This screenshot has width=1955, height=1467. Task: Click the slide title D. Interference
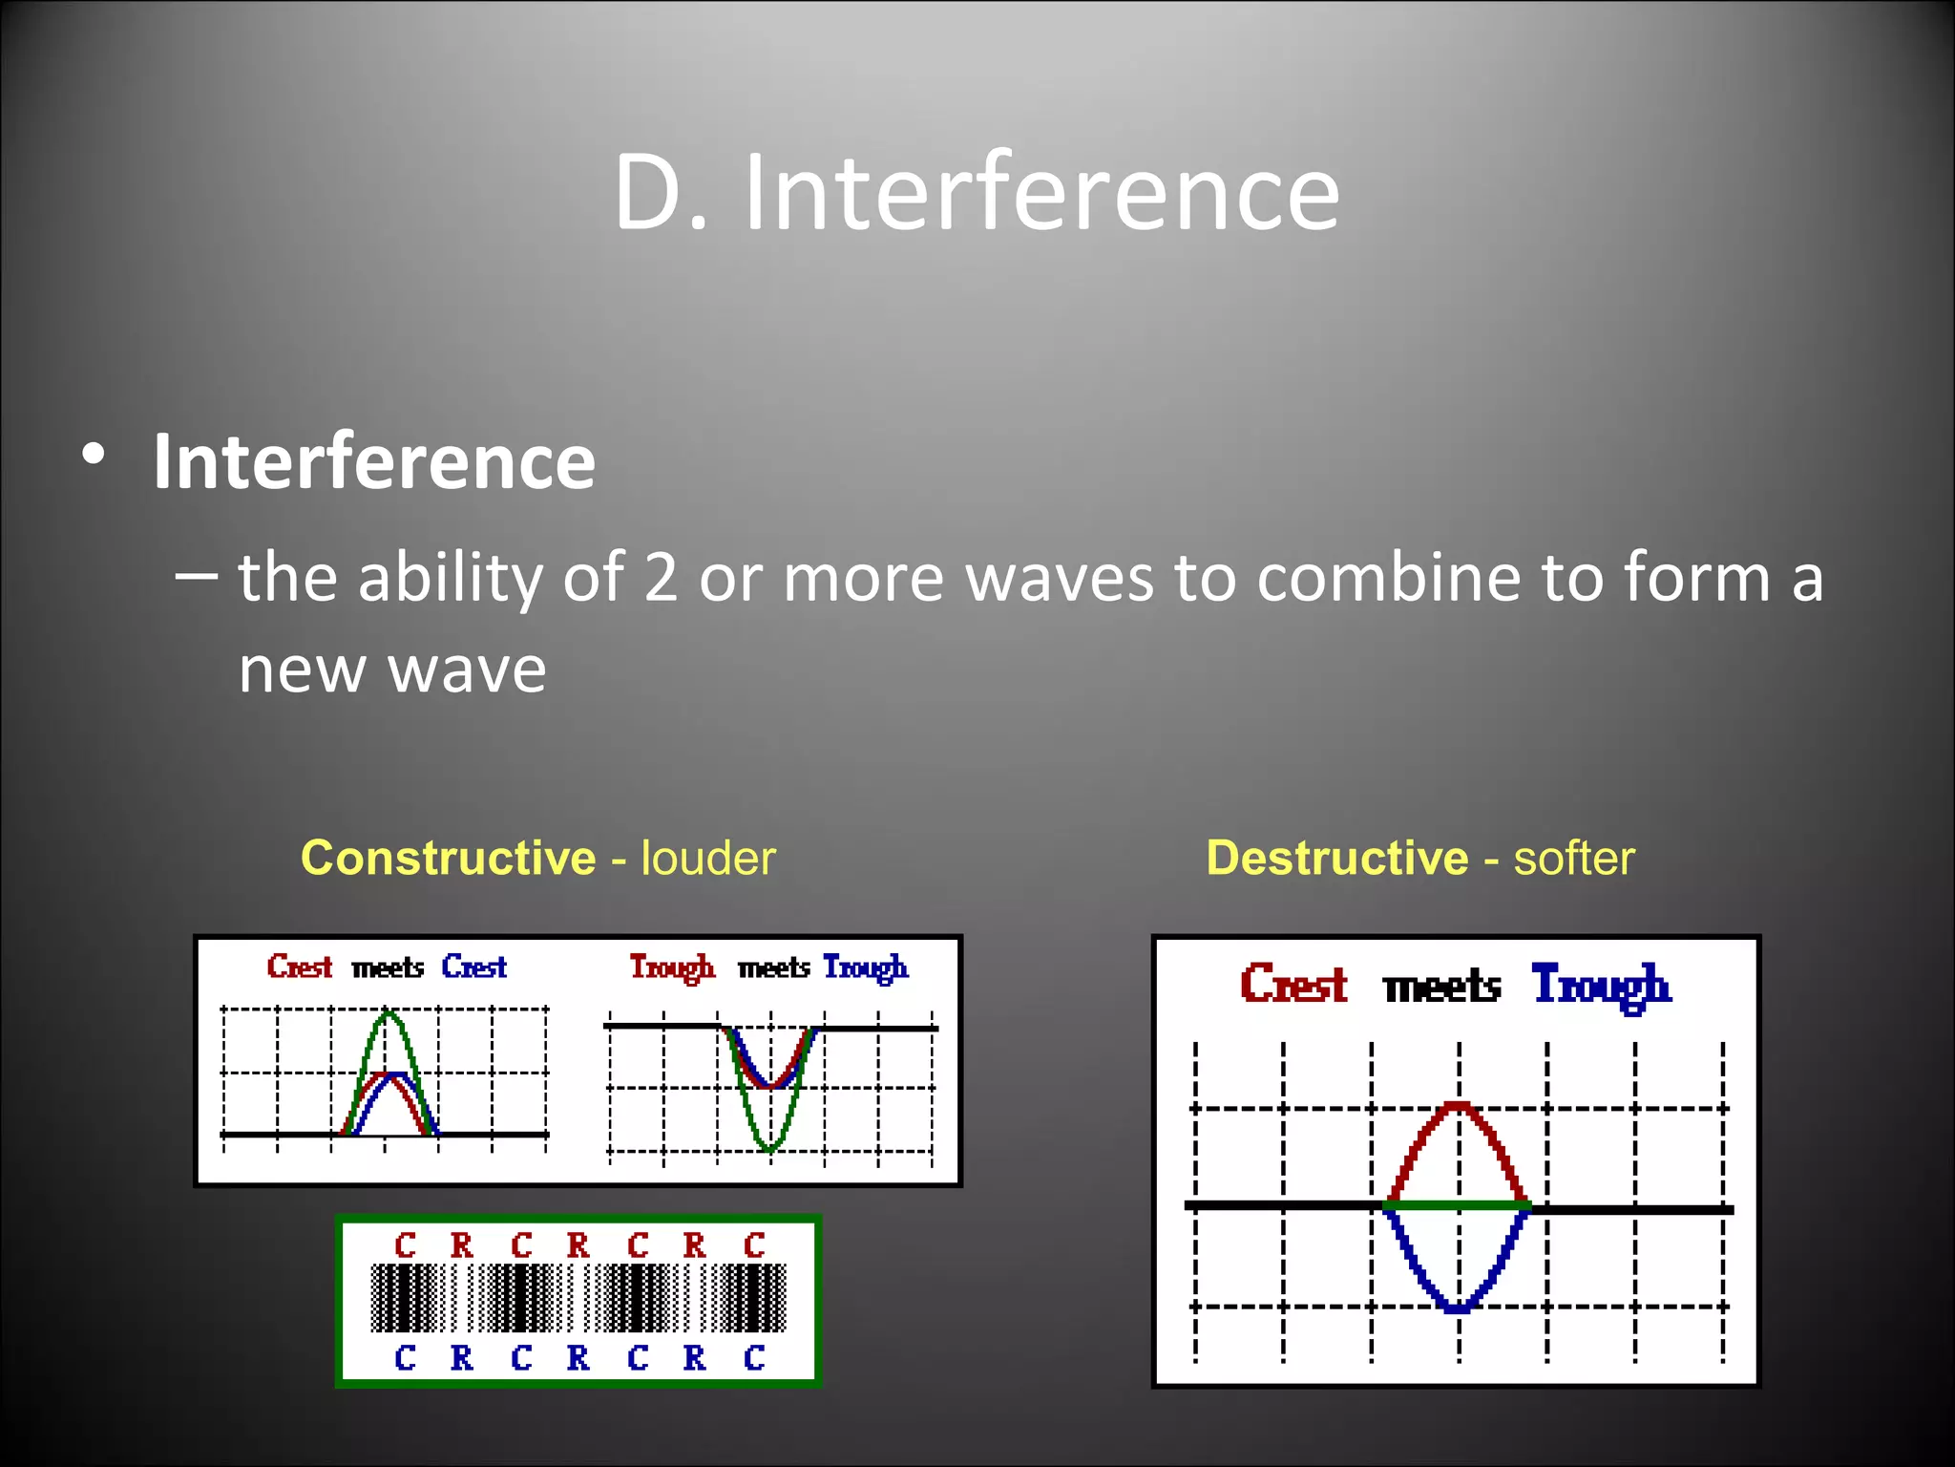pos(976,193)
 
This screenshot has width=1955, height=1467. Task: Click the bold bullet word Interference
pos(374,462)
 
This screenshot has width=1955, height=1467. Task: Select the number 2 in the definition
pos(661,579)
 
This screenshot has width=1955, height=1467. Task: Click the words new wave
pos(391,669)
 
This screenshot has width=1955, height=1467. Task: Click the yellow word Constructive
pos(448,858)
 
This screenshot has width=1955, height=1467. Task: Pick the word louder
pos(707,858)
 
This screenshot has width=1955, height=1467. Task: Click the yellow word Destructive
pos(1336,858)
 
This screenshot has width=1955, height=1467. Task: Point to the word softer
pos(1573,858)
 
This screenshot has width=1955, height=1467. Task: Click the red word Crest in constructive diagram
pos(299,967)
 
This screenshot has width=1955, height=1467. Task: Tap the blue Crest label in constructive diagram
pos(473,967)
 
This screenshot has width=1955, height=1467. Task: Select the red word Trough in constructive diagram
pos(671,967)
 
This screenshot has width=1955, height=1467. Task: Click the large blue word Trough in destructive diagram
pos(1601,986)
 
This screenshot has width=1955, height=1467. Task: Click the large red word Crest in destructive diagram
pos(1293,984)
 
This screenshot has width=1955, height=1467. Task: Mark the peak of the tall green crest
pos(387,1013)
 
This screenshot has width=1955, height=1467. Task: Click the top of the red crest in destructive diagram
pos(1458,1106)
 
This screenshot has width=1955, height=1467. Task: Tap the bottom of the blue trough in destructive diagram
pos(1458,1308)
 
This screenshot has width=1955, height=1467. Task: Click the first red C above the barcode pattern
pos(405,1245)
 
